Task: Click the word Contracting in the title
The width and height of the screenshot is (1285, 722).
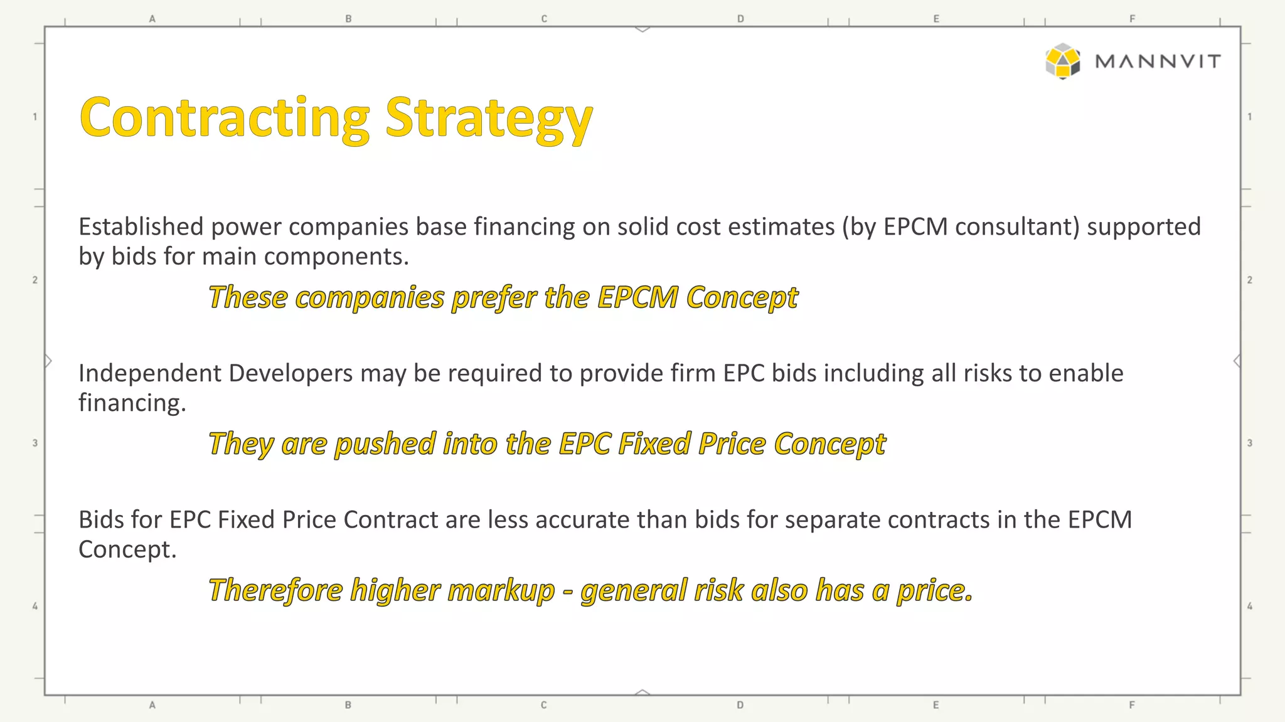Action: click(x=225, y=118)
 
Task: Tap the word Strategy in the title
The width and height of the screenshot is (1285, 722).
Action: click(x=488, y=119)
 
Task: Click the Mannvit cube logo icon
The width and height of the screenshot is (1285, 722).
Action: click(x=1062, y=61)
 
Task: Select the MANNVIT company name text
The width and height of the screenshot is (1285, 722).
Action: click(x=1158, y=61)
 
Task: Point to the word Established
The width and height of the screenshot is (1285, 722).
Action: click(x=141, y=226)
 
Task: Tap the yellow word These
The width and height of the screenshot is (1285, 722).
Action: click(x=248, y=297)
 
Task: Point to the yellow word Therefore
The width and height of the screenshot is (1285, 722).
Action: click(x=275, y=590)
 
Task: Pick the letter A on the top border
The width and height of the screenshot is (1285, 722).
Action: click(x=152, y=19)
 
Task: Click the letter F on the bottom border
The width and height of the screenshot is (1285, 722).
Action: click(x=1132, y=705)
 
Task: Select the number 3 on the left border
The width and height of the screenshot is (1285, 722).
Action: click(x=35, y=443)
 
